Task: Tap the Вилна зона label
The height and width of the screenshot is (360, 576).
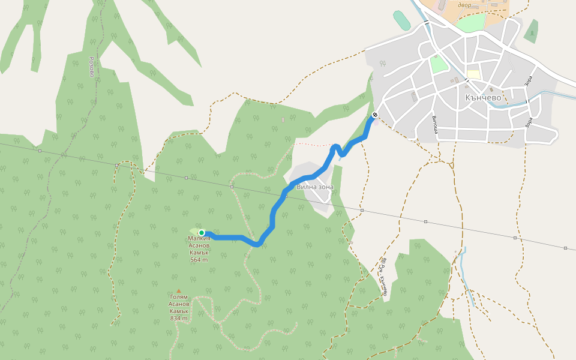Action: coord(314,187)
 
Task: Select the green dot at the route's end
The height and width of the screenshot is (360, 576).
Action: coord(202,233)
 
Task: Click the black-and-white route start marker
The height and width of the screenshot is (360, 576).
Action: coord(375,115)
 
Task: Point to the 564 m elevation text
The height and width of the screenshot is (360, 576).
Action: coord(199,260)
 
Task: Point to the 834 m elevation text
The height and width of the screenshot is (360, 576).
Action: coord(179,318)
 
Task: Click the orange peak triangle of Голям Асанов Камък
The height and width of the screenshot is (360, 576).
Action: coord(178,291)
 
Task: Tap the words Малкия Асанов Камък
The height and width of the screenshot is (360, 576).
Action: coord(199,245)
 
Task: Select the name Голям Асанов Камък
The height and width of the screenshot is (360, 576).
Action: coord(179,304)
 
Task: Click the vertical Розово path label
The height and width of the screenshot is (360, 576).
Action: coord(92,67)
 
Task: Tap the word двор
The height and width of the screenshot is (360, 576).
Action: coord(464,5)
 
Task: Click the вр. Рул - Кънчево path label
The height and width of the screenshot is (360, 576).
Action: coord(383,277)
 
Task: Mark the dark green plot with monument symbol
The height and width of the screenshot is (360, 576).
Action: coord(531,32)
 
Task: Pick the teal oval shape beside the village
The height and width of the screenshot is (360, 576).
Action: coord(400,20)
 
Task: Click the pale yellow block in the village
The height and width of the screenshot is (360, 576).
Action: coord(473,74)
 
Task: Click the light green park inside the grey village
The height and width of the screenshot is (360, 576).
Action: coord(438,64)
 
